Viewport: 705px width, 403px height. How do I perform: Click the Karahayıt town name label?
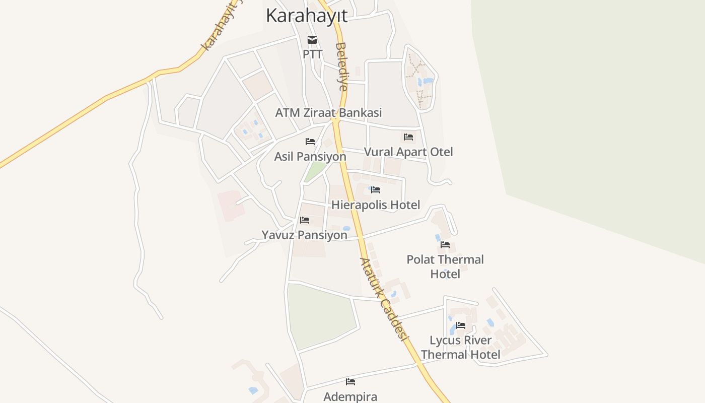(x=306, y=16)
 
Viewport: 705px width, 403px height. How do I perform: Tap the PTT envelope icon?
(x=312, y=40)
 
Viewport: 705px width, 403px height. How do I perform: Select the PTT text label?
(x=312, y=54)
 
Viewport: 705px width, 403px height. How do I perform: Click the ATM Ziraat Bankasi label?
(x=328, y=113)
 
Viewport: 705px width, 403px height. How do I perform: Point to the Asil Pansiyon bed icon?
(x=310, y=142)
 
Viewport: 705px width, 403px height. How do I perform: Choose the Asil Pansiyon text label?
(x=310, y=157)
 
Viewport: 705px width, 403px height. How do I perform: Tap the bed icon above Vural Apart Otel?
(x=408, y=137)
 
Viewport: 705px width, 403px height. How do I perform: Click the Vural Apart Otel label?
(x=408, y=152)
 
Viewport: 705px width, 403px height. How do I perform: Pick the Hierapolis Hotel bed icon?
(x=376, y=190)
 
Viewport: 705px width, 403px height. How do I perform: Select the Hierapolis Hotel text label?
(x=376, y=205)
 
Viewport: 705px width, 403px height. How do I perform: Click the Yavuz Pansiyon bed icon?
(x=304, y=220)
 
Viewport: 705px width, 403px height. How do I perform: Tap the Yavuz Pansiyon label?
(x=304, y=235)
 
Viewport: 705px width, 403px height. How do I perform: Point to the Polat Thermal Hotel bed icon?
(x=445, y=245)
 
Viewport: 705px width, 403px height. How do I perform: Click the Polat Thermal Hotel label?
(x=445, y=266)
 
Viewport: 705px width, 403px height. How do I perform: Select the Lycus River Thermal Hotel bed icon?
(x=461, y=325)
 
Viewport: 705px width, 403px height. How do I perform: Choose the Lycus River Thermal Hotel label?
(x=461, y=347)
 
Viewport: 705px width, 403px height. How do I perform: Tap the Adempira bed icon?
(x=350, y=382)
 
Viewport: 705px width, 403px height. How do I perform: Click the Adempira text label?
(x=350, y=396)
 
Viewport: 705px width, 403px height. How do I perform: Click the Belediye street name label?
(x=341, y=66)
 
